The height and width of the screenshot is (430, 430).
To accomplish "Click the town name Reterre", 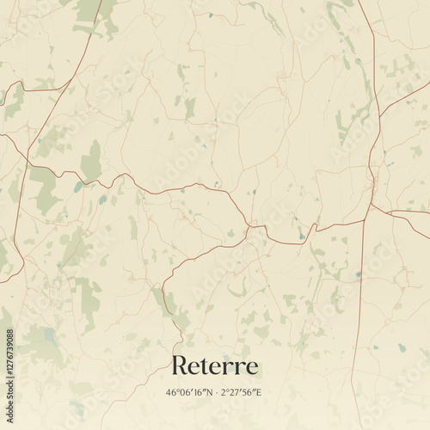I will [x=214, y=365].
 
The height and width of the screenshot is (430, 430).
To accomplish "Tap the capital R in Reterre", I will [x=180, y=365].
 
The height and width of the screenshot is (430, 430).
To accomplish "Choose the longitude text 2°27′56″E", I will [x=241, y=392].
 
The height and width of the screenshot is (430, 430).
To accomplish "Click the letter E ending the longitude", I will [x=259, y=392].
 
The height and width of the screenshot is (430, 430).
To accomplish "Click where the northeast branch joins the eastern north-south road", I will [x=378, y=115].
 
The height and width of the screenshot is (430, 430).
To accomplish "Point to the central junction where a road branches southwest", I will [x=248, y=226].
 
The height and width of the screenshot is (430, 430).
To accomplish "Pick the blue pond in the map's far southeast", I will [x=402, y=348].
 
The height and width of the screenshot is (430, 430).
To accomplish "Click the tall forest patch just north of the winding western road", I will [x=91, y=161].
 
